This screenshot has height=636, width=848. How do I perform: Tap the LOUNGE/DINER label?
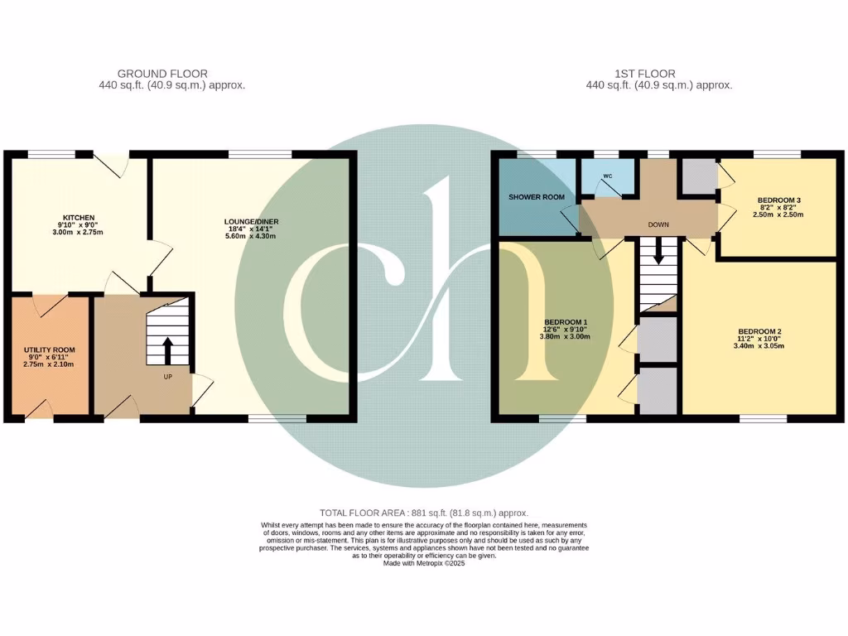pos(249,221)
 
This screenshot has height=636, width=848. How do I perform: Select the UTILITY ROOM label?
pos(50,351)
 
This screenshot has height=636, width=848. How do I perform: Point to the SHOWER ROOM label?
pos(536,197)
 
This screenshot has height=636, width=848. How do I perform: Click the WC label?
pos(607,176)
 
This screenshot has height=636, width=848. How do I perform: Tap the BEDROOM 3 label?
pos(779,200)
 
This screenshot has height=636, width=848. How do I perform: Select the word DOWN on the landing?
pos(659,224)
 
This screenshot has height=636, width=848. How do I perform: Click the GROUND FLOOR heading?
pos(162,74)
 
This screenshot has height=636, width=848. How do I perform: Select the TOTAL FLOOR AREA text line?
pos(424,513)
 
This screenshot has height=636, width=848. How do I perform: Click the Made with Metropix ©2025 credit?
pos(424,563)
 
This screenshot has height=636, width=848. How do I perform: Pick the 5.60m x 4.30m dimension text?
pos(249,236)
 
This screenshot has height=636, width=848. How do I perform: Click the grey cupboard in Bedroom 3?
pos(698,176)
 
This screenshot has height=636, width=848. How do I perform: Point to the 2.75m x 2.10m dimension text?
pos(50,365)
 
